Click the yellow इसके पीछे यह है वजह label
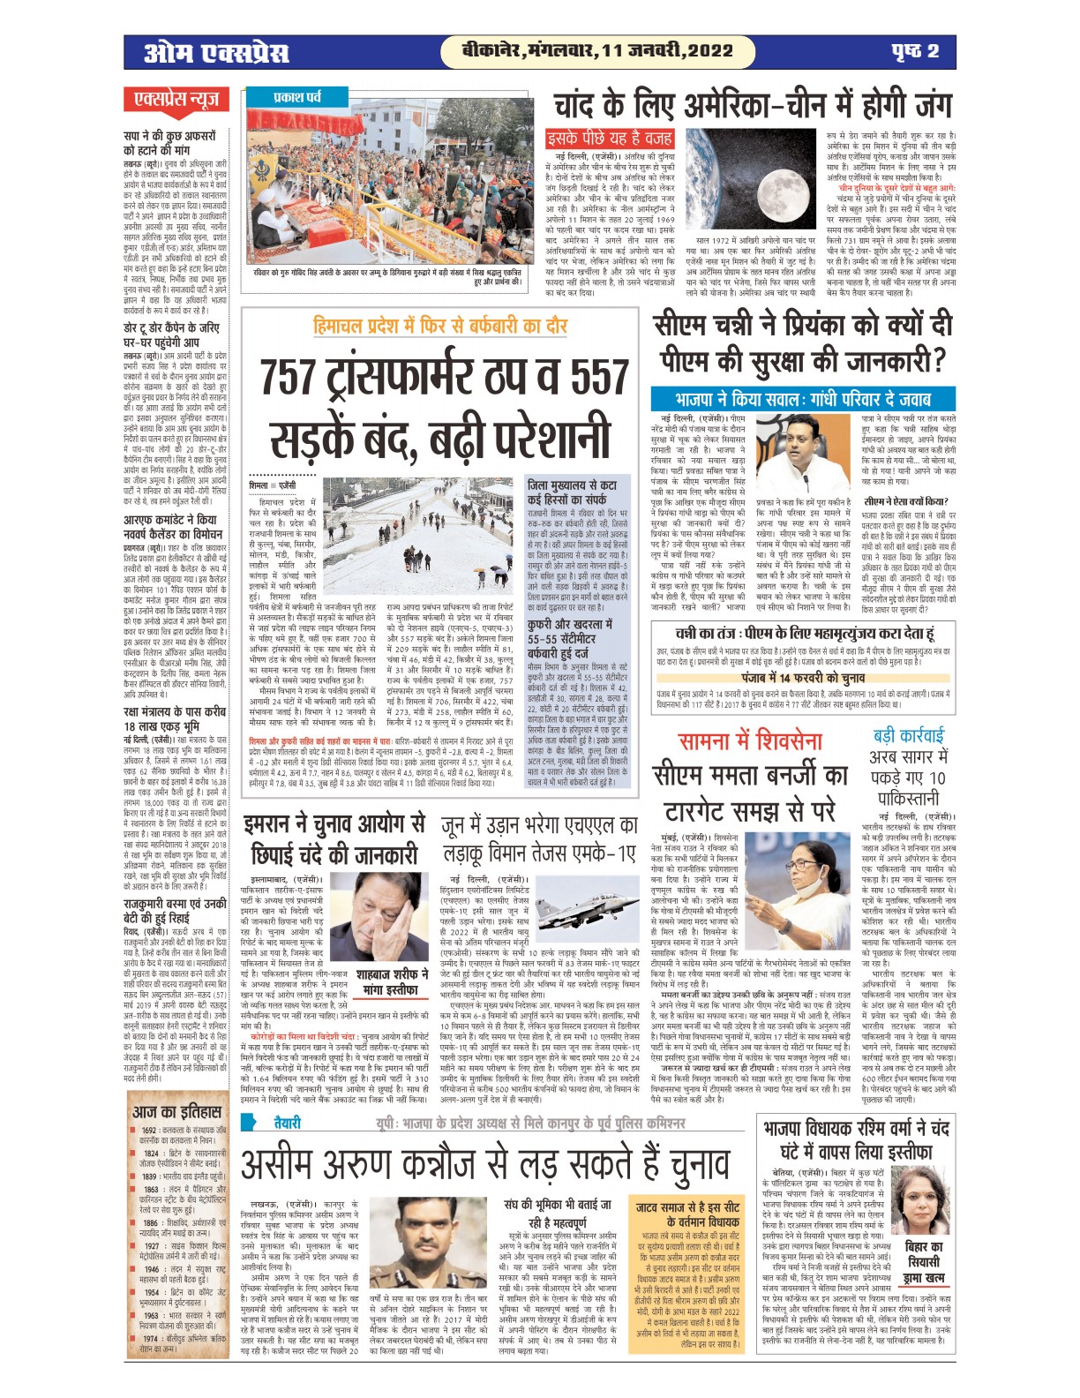coord(597,138)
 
